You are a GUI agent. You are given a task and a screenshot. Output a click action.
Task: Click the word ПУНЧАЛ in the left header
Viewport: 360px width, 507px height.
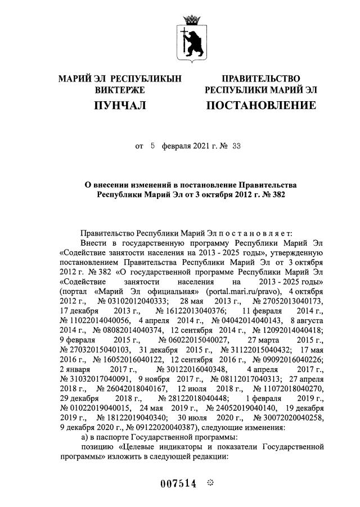pyautogui.click(x=120, y=105)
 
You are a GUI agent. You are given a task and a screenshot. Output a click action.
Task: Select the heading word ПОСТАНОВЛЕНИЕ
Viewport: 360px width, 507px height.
pyautogui.click(x=260, y=105)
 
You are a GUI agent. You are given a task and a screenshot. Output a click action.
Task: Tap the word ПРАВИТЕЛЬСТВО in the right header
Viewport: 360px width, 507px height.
pyautogui.click(x=260, y=79)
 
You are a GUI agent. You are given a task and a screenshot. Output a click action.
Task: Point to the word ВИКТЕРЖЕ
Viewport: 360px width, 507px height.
pyautogui.click(x=120, y=90)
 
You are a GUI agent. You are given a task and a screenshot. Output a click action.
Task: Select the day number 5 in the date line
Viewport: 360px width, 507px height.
pyautogui.click(x=152, y=146)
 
